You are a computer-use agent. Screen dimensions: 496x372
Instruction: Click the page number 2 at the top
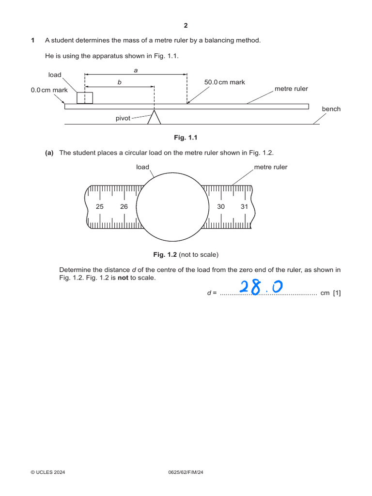click(x=186, y=26)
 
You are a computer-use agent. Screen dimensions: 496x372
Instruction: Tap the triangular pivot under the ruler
click(x=154, y=118)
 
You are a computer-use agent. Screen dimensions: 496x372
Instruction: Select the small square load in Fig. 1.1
click(x=85, y=97)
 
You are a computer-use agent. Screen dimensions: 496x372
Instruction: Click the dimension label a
click(x=136, y=70)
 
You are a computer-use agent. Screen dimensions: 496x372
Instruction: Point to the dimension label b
click(x=120, y=83)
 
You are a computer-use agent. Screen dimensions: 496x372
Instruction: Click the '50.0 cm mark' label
click(x=225, y=82)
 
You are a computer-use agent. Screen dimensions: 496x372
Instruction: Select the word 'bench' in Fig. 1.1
click(x=331, y=109)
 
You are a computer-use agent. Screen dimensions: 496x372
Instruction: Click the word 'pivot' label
click(x=123, y=118)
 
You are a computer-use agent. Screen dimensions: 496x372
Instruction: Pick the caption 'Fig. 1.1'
click(x=186, y=138)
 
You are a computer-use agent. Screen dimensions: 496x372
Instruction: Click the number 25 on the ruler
click(x=100, y=207)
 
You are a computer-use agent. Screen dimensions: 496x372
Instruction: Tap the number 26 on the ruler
click(x=124, y=207)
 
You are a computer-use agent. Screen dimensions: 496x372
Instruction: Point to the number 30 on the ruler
click(x=221, y=207)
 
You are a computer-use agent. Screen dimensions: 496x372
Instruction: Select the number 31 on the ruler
click(x=245, y=207)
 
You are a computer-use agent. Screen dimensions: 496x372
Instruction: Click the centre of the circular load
click(x=172, y=207)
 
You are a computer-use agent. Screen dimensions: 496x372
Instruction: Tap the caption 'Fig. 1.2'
click(x=165, y=254)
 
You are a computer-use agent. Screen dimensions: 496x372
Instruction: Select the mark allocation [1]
click(x=337, y=293)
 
